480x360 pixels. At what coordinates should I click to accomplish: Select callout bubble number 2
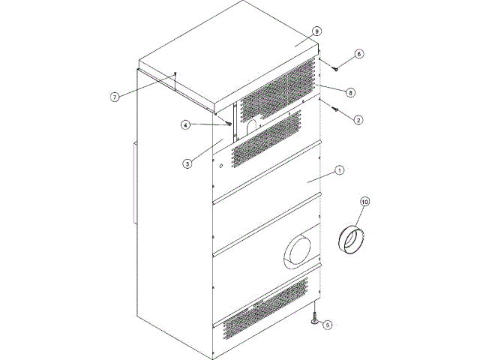(358, 119)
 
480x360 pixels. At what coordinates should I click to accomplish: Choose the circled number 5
(325, 326)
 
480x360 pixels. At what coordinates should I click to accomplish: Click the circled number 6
(358, 54)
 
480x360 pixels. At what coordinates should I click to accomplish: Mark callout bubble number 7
(115, 97)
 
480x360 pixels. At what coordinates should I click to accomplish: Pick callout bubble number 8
(349, 91)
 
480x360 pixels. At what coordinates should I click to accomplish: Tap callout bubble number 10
(365, 202)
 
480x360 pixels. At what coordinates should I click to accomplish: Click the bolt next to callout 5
(313, 321)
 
